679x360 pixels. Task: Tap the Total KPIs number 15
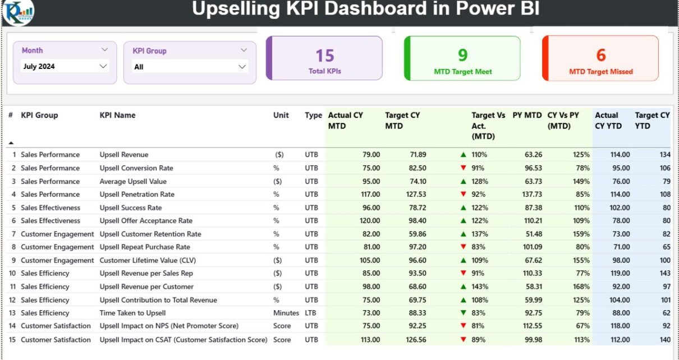(324, 56)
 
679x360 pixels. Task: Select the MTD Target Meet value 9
(462, 54)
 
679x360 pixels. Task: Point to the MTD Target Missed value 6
(600, 55)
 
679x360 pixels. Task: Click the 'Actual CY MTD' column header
(345, 121)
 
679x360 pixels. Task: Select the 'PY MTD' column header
(527, 116)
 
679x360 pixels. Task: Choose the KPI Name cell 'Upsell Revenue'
(124, 155)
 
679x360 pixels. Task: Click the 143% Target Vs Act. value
(479, 287)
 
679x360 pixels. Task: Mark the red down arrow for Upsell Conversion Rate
(463, 168)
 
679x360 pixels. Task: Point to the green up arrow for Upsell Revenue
(463, 154)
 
